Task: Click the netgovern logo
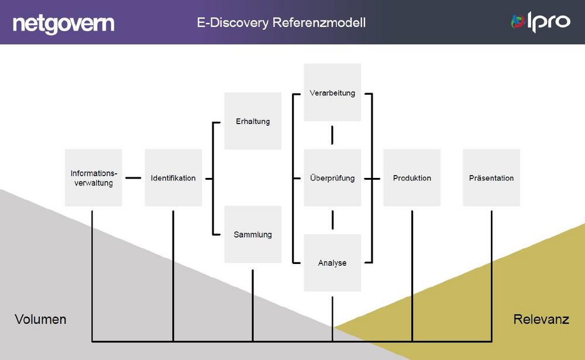pyautogui.click(x=63, y=24)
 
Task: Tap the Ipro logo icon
pyautogui.click(x=518, y=21)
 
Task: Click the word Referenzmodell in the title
pyautogui.click(x=319, y=22)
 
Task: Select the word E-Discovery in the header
pyautogui.click(x=233, y=23)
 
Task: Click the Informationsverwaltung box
pyautogui.click(x=93, y=178)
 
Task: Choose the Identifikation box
pyautogui.click(x=173, y=178)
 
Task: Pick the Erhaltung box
pyautogui.click(x=253, y=121)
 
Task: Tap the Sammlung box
pyautogui.click(x=253, y=235)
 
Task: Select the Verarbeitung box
pyautogui.click(x=332, y=92)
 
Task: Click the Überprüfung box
pyautogui.click(x=332, y=178)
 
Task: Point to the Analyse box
pyautogui.click(x=332, y=263)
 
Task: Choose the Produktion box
pyautogui.click(x=412, y=178)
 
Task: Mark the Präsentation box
pyautogui.click(x=491, y=178)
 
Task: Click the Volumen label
pyautogui.click(x=40, y=319)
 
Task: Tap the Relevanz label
pyautogui.click(x=541, y=319)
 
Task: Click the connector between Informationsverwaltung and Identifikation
pyautogui.click(x=133, y=178)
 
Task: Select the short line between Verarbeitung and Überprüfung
pyautogui.click(x=332, y=135)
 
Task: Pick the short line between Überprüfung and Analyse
pyautogui.click(x=332, y=220)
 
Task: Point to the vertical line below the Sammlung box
pyautogui.click(x=253, y=306)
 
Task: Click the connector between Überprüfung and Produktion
pyautogui.click(x=372, y=179)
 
